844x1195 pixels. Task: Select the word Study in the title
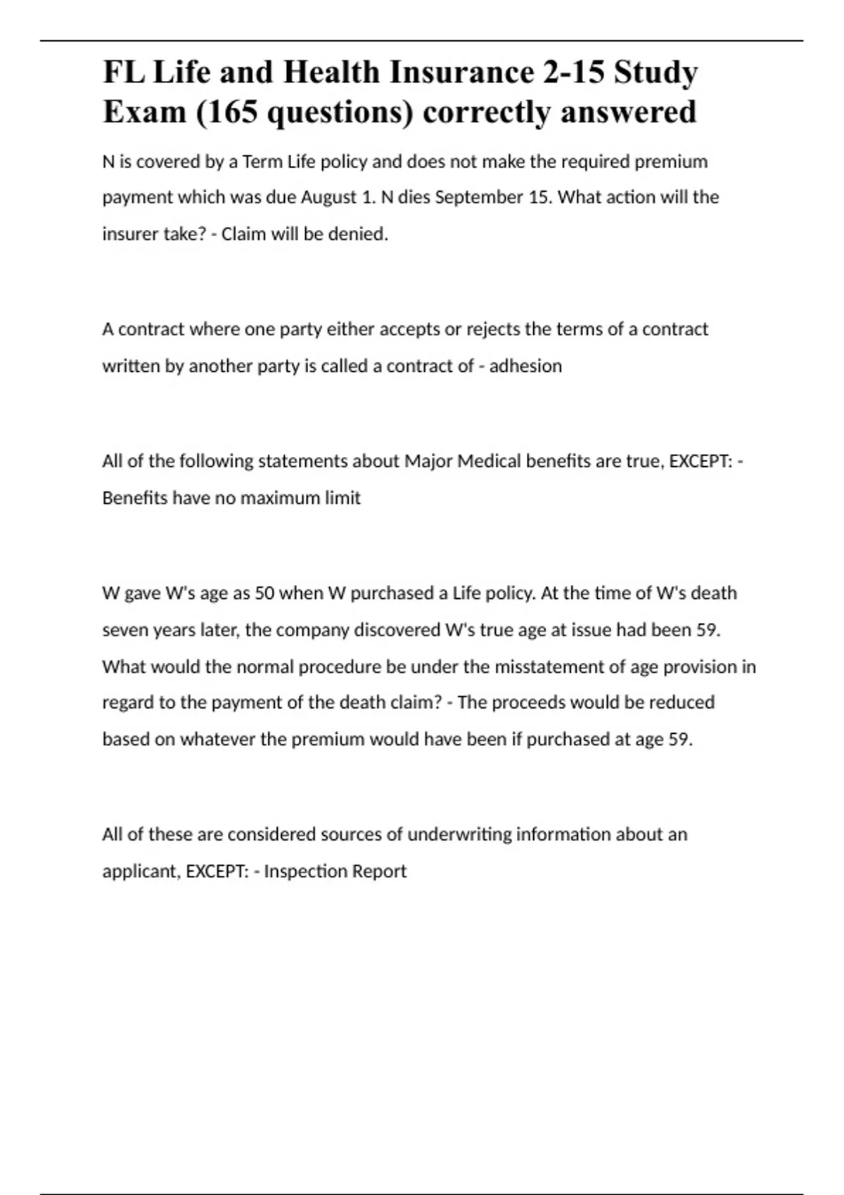pos(656,73)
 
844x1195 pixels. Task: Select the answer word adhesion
pos(525,366)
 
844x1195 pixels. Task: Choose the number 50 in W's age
pos(264,593)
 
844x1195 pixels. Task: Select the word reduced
pos(681,702)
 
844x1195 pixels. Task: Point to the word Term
pos(262,162)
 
